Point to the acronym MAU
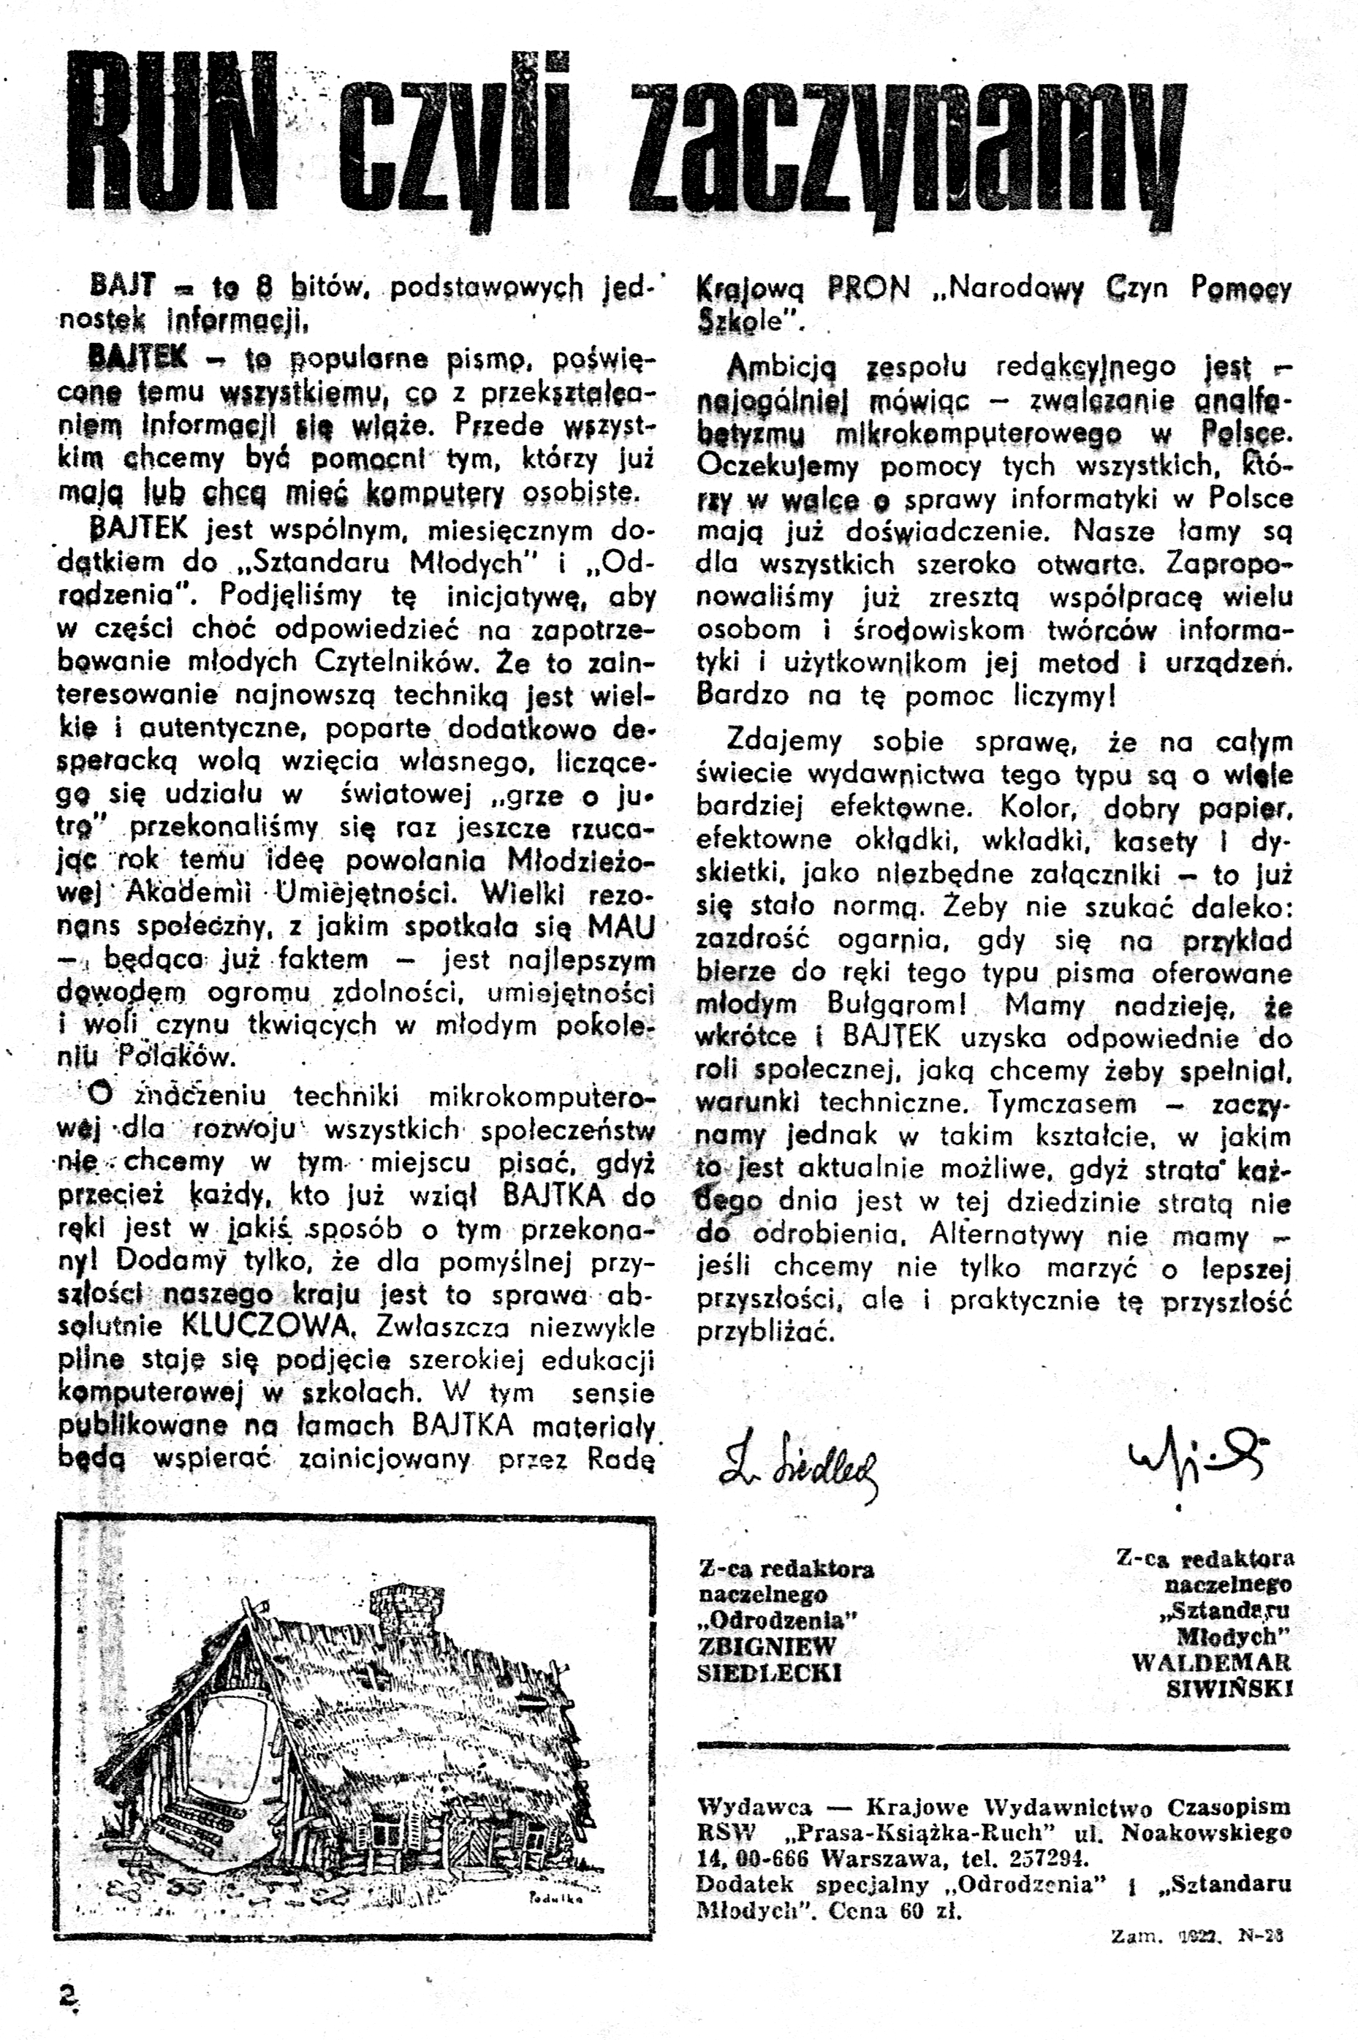point(621,927)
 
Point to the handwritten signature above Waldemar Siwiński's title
point(1195,1460)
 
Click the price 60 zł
point(930,1910)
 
